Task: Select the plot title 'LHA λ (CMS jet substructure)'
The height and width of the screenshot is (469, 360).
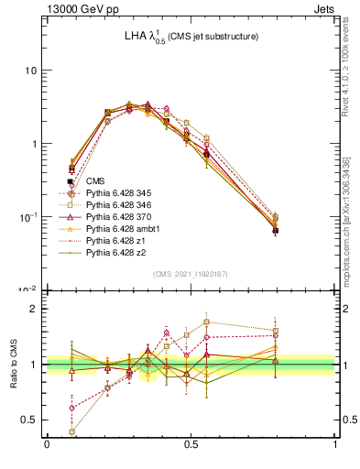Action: click(191, 37)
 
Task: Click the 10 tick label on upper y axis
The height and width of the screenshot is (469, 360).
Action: click(31, 71)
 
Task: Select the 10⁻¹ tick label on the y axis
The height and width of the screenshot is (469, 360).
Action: click(28, 216)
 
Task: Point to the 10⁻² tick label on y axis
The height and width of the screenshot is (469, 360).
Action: click(28, 289)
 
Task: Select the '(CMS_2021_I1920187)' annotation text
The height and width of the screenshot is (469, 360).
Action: click(191, 274)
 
